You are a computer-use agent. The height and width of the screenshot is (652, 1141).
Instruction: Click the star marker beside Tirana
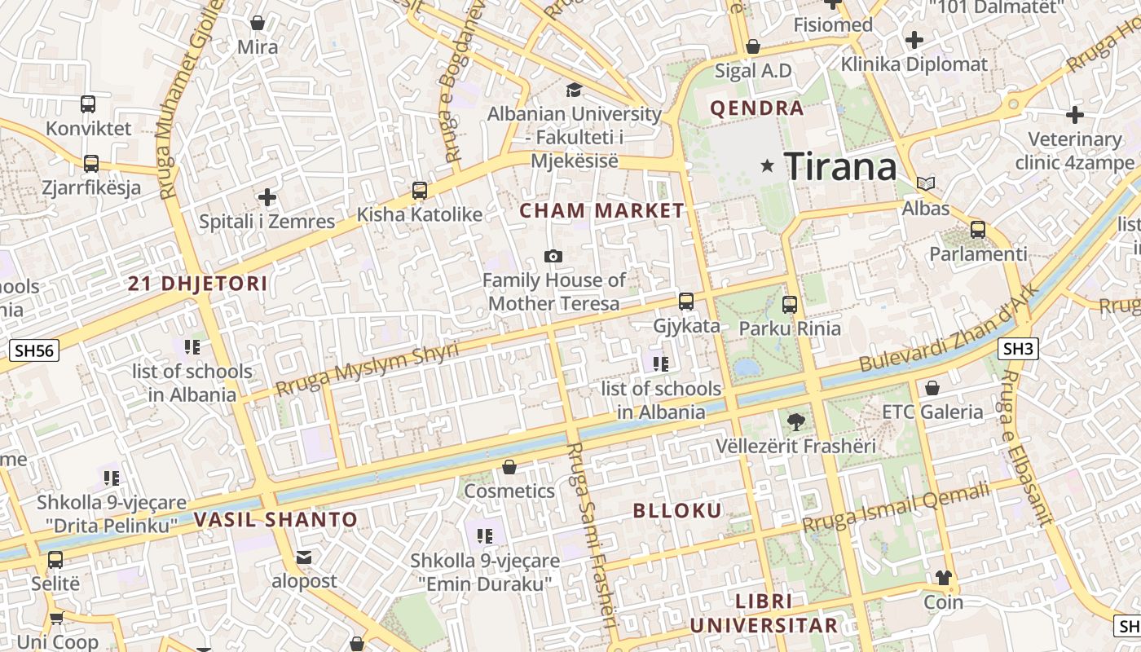pyautogui.click(x=767, y=166)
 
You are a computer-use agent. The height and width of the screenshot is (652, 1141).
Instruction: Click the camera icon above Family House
pyautogui.click(x=553, y=257)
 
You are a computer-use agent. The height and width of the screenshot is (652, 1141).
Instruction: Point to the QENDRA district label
pyautogui.click(x=756, y=108)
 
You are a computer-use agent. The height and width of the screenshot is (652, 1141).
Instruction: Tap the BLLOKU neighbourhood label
pyautogui.click(x=678, y=511)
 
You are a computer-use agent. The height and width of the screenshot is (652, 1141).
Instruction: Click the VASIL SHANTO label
pyautogui.click(x=276, y=520)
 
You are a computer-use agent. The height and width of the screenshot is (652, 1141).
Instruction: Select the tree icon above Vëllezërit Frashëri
pyautogui.click(x=796, y=422)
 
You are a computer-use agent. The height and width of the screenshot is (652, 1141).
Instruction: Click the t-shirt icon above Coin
pyautogui.click(x=943, y=579)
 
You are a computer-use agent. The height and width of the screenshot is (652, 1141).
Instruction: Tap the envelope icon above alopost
pyautogui.click(x=304, y=557)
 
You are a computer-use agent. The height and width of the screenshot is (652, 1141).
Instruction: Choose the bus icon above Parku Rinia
pyautogui.click(x=789, y=305)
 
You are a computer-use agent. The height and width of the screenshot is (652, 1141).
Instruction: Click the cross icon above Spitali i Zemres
pyautogui.click(x=267, y=197)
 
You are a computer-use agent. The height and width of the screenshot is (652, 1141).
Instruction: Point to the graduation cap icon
pyautogui.click(x=575, y=90)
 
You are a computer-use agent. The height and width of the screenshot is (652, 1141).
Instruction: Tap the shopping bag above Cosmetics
pyautogui.click(x=509, y=467)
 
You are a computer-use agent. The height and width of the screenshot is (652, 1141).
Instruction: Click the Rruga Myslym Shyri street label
pyautogui.click(x=367, y=369)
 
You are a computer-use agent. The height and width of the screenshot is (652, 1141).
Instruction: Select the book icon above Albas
pyautogui.click(x=926, y=184)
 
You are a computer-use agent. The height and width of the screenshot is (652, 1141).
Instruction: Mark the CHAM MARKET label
pyautogui.click(x=602, y=211)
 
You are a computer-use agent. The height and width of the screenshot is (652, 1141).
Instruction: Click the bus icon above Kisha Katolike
pyautogui.click(x=420, y=191)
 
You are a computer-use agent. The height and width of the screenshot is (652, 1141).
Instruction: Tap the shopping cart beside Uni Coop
pyautogui.click(x=56, y=619)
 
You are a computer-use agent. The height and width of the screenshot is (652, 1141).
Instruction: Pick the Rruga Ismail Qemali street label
pyautogui.click(x=896, y=507)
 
